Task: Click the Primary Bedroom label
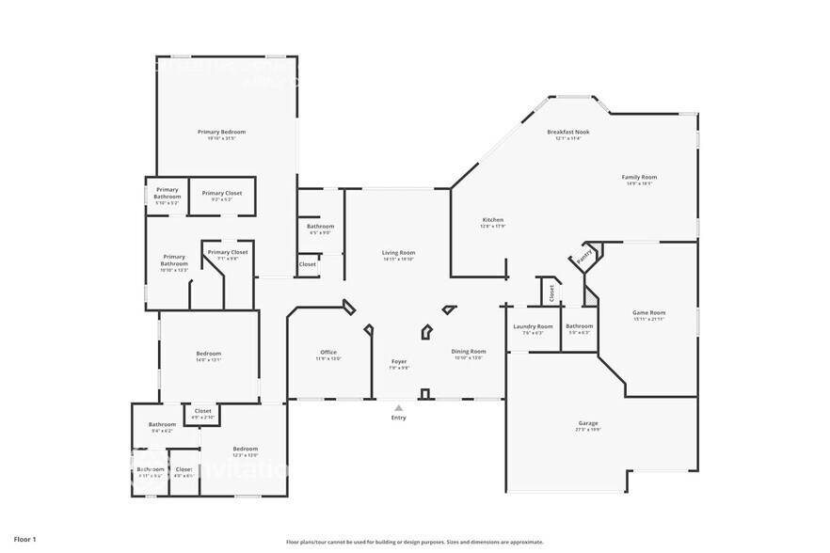[221, 131]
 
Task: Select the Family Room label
[639, 177]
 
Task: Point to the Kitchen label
[492, 219]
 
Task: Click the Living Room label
[398, 252]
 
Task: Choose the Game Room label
[649, 312]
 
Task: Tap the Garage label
[587, 422]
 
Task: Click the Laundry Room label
[533, 326]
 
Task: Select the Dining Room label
[468, 351]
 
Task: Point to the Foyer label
[399, 360]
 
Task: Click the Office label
[327, 352]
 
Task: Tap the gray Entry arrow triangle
[398, 408]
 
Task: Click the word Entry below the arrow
[398, 418]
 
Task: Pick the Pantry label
[583, 254]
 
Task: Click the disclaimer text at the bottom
[415, 542]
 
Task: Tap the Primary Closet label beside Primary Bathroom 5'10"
[221, 193]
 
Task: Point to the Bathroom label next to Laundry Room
[579, 326]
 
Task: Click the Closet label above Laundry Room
[551, 293]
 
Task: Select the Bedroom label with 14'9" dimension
[208, 353]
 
